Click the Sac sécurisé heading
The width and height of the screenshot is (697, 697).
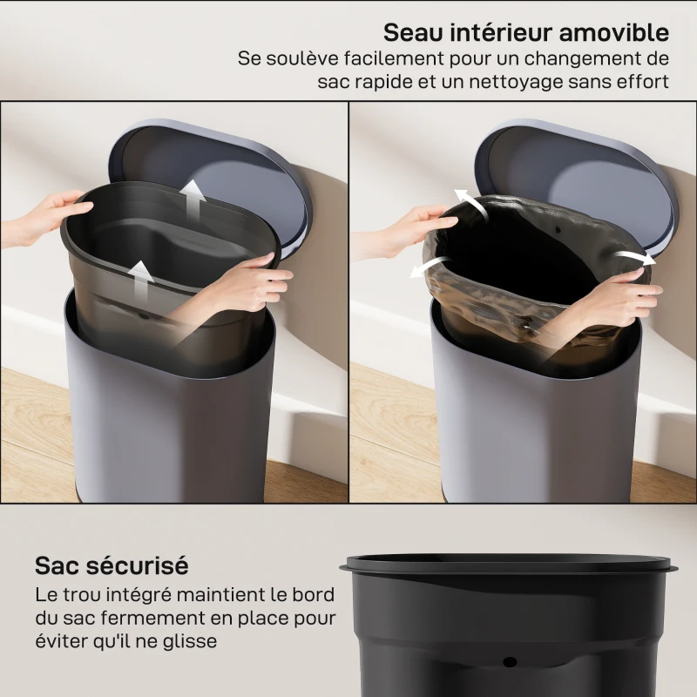112,565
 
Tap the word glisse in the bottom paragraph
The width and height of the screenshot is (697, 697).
190,640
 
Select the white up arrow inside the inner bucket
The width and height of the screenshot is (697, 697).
140,277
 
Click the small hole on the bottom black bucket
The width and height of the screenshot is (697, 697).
509,664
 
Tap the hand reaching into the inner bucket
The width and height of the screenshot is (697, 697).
244,283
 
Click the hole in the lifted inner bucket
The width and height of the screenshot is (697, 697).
143,310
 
